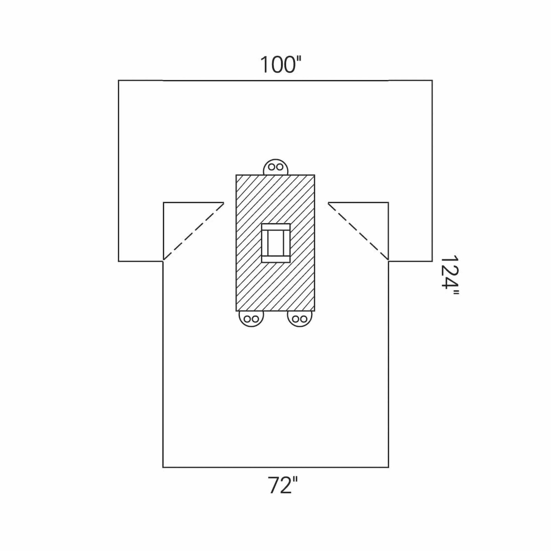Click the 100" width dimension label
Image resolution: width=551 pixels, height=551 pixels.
(281, 65)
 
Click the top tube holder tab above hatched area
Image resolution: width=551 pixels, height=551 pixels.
(275, 167)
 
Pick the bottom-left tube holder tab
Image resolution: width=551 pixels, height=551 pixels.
(251, 319)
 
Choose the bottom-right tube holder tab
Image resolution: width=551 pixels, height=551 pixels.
(300, 319)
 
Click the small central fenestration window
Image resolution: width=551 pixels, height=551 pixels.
(276, 243)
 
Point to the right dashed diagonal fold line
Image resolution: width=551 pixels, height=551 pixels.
(358, 231)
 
